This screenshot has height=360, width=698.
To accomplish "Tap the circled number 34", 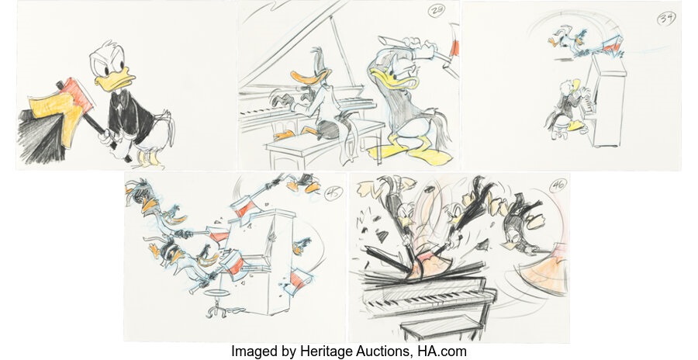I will [665, 19].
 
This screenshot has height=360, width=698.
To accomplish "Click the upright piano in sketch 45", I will [268, 264].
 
